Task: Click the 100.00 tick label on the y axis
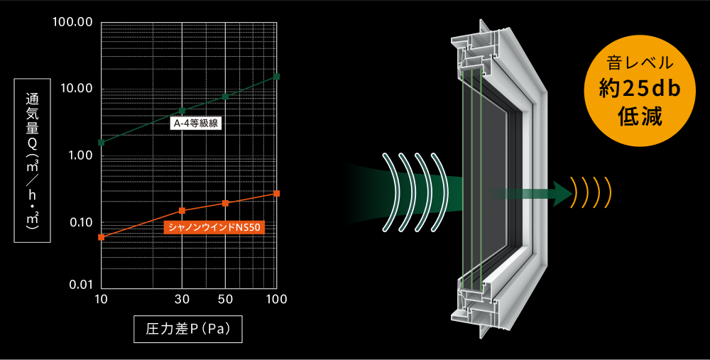pyautogui.click(x=72, y=22)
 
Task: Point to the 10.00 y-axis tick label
pyautogui.click(x=77, y=88)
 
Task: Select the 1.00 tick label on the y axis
pyautogui.click(x=80, y=155)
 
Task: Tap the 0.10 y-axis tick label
pyautogui.click(x=80, y=222)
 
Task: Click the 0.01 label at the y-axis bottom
pyautogui.click(x=80, y=285)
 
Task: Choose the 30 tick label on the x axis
pyautogui.click(x=182, y=300)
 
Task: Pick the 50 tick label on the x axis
pyautogui.click(x=225, y=300)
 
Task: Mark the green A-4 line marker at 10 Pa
pyautogui.click(x=102, y=143)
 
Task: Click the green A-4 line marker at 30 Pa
pyautogui.click(x=182, y=111)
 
